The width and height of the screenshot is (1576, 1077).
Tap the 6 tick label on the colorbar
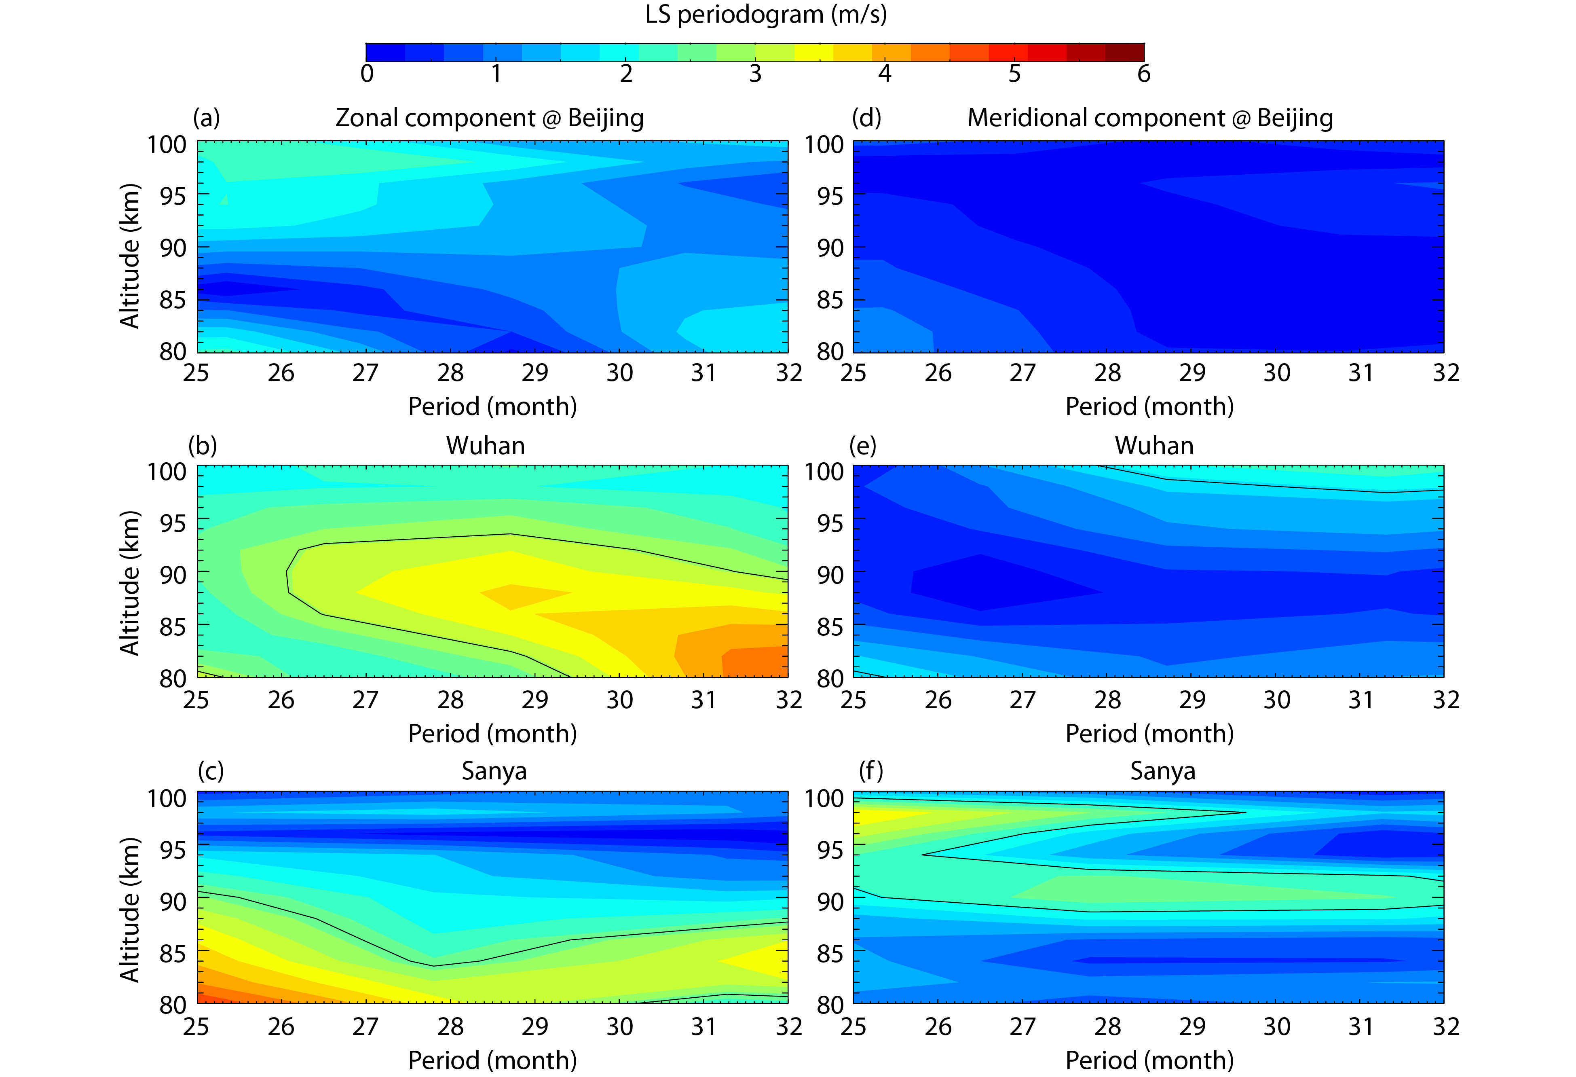[x=1143, y=73]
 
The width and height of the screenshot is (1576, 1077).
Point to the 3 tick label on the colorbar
[x=755, y=73]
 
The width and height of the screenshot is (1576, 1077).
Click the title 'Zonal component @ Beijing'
[x=489, y=118]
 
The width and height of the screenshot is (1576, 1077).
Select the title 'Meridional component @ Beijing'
[x=1149, y=118]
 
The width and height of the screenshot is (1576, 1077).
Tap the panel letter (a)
[x=206, y=118]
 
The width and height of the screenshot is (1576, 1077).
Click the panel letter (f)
[x=871, y=771]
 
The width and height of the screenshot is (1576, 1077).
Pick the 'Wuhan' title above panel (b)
[x=486, y=446]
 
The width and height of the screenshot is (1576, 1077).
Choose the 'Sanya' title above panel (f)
[x=1162, y=771]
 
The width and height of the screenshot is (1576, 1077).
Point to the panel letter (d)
[x=866, y=118]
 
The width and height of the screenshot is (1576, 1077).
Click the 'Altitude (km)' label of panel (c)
[x=129, y=910]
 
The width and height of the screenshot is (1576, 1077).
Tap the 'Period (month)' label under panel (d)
[x=1149, y=406]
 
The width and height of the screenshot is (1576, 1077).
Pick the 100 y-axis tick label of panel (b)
[x=167, y=471]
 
